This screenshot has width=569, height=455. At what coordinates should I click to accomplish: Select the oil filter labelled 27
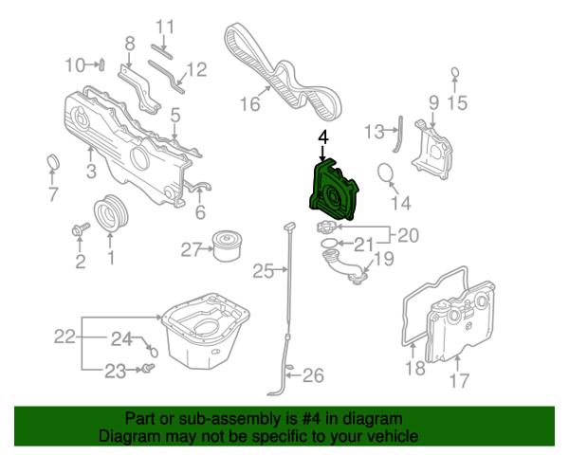pos(228,246)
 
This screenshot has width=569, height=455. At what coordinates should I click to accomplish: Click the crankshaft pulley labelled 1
pos(110,213)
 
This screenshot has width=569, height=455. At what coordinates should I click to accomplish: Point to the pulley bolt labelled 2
pos(81,229)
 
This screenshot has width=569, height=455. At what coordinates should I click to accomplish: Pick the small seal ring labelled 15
pos(455,72)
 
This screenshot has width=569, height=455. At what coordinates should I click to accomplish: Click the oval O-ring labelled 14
pos(385,173)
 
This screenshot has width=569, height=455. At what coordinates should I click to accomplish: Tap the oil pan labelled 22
pos(205,331)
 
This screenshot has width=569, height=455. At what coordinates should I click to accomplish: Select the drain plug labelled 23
pos(149,369)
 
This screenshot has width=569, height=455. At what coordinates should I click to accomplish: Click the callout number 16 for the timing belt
pos(250,104)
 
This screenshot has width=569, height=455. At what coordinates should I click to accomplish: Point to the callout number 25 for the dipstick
pos(263,271)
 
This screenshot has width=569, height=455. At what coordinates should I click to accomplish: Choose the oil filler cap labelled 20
pos(327,227)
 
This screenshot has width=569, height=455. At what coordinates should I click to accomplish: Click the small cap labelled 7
pos(53,162)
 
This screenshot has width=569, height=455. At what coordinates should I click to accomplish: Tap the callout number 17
pos(459,381)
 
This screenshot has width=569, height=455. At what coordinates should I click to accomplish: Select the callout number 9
pos(433,102)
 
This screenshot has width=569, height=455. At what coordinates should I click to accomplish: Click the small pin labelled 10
pos(101,65)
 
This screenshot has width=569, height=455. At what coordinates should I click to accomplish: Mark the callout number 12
pos(196,70)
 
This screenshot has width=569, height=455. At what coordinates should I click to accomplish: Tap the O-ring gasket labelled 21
pos(329,243)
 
